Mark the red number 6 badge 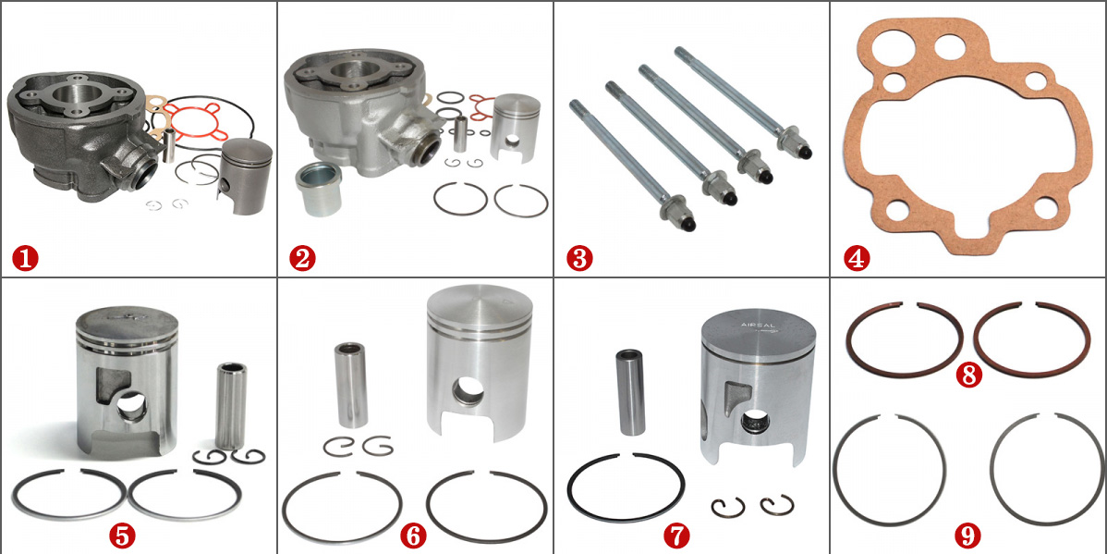click(413, 535)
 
